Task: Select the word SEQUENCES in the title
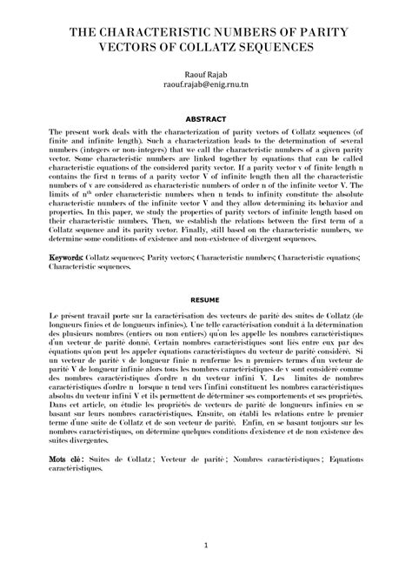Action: click(x=278, y=49)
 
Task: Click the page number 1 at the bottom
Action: click(x=206, y=546)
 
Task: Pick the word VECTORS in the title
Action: click(x=102, y=49)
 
